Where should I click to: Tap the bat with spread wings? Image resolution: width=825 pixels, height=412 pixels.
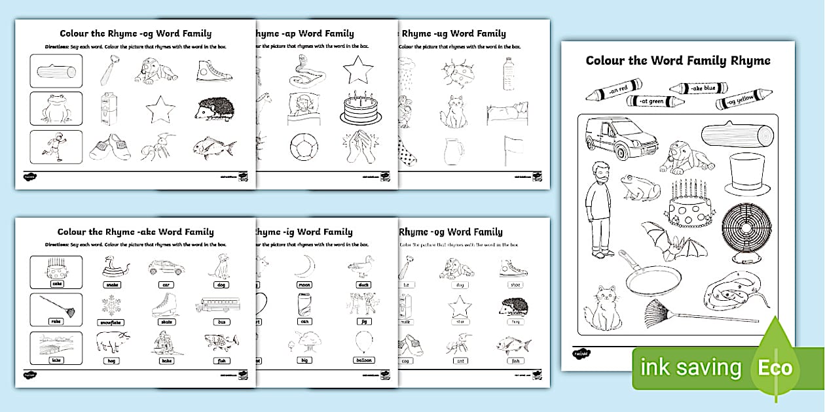674,240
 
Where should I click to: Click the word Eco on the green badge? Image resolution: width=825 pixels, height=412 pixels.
775,367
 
